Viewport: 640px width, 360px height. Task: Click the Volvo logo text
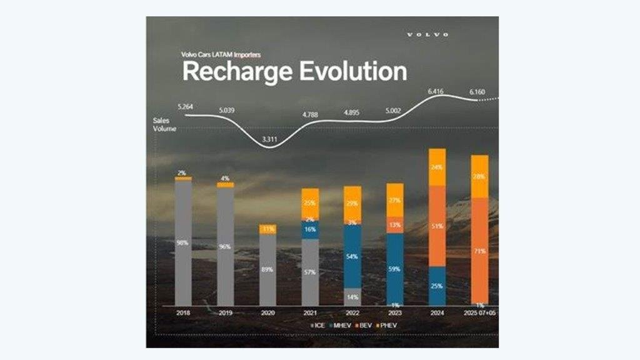(x=427, y=34)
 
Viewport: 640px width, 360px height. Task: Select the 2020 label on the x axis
(x=267, y=312)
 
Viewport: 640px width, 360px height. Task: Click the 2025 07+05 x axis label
(x=480, y=312)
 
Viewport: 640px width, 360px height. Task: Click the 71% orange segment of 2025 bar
(x=480, y=250)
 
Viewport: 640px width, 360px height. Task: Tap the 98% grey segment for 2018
(x=183, y=242)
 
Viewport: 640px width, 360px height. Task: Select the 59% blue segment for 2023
(x=394, y=269)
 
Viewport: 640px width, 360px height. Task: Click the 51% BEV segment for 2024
(x=437, y=226)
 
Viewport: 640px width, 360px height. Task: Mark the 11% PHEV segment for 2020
(x=267, y=229)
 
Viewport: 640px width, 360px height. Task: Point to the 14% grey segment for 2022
(x=352, y=297)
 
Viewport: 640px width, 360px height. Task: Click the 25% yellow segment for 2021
(x=310, y=204)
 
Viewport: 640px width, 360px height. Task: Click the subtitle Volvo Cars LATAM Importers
(x=212, y=54)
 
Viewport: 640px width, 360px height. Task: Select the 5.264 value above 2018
(x=185, y=107)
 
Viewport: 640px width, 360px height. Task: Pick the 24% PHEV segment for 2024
(x=437, y=167)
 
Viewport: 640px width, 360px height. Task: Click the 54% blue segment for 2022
(x=352, y=256)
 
